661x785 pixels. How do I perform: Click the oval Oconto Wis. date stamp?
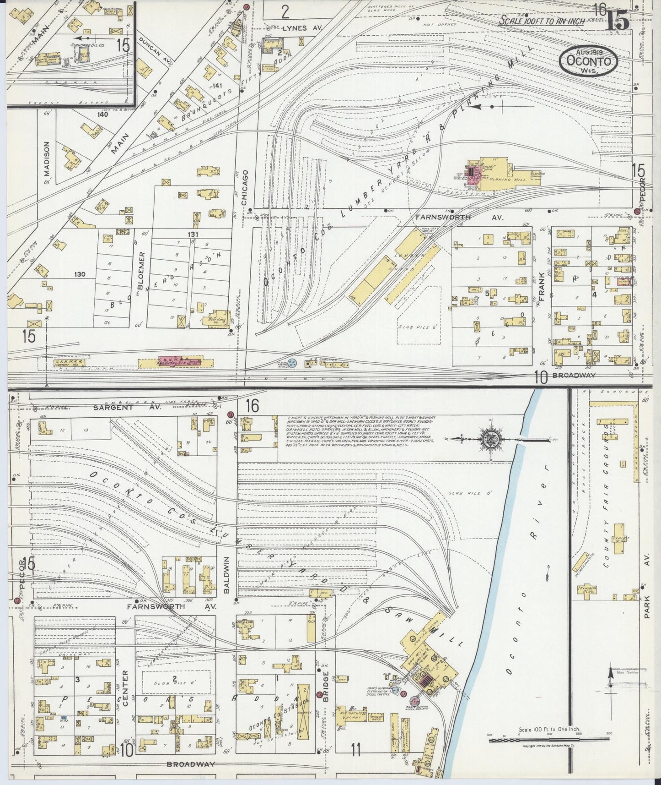588,61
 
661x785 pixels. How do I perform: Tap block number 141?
217,86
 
